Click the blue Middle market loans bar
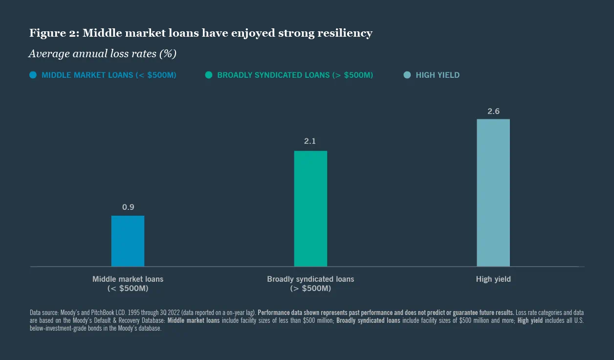point(128,241)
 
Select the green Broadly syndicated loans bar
point(310,209)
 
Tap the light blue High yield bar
point(493,193)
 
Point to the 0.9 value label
point(128,207)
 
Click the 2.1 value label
point(310,141)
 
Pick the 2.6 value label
point(493,112)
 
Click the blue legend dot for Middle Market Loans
point(33,75)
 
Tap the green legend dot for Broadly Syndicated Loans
point(209,75)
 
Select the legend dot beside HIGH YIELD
point(407,75)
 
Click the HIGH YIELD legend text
point(438,75)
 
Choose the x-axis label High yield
point(493,279)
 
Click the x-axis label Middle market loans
point(128,279)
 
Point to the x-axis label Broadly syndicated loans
point(310,279)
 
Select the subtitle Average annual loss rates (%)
point(102,54)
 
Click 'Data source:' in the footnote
point(43,313)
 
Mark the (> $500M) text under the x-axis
point(310,289)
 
